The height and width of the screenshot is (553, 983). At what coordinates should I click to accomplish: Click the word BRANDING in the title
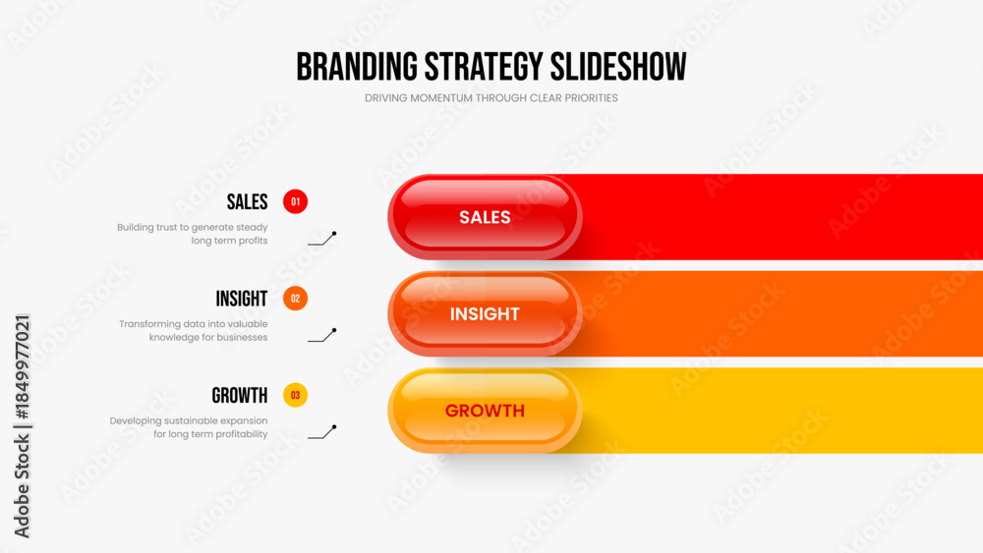(357, 67)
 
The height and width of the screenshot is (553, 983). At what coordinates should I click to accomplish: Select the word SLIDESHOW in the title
(618, 67)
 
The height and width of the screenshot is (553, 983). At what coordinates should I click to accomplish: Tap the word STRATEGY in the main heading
(484, 67)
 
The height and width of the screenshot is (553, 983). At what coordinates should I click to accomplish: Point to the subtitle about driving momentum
(491, 98)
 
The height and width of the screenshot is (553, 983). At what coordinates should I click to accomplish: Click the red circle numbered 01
(295, 201)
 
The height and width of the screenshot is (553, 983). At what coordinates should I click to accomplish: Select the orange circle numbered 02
(295, 299)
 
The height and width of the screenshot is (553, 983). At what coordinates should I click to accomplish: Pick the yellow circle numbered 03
(295, 395)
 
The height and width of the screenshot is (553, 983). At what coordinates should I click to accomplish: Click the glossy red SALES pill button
(485, 217)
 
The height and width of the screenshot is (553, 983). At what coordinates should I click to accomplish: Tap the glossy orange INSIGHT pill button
(485, 313)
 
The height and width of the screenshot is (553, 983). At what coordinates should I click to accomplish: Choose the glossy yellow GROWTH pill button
(485, 411)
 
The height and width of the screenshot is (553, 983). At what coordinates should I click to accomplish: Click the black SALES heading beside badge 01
(247, 202)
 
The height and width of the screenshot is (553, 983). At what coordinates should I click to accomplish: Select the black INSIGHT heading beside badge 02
(242, 299)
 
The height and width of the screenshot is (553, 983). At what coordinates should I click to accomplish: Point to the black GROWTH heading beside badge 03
(240, 396)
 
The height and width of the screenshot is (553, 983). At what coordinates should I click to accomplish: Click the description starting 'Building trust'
(193, 234)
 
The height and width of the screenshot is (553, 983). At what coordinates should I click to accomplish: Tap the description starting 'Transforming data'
(193, 331)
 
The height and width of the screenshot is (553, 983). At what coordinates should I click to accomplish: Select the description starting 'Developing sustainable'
(189, 427)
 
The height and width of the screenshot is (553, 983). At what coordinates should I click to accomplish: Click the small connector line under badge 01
(322, 239)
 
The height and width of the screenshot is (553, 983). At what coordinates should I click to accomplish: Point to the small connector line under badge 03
(322, 432)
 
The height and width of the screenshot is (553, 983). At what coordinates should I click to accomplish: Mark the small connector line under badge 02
(322, 335)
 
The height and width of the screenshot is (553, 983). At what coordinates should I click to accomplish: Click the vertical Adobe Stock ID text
(22, 426)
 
